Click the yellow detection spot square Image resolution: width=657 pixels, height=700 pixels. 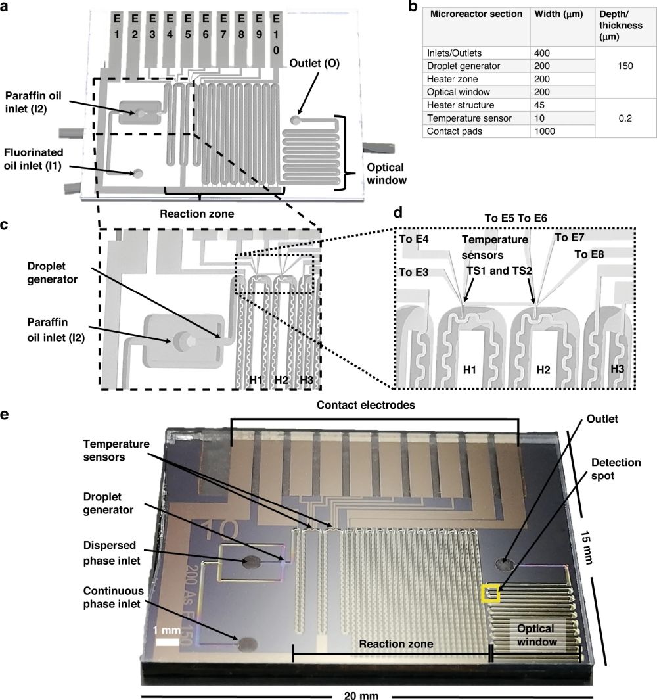click(490, 593)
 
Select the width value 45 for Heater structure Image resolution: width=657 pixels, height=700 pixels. click(543, 105)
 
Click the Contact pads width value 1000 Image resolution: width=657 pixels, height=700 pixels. click(547, 131)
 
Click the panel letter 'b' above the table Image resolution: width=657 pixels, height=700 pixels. click(413, 7)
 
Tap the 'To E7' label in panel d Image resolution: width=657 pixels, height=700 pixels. click(569, 237)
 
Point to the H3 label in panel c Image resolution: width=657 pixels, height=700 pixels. click(306, 380)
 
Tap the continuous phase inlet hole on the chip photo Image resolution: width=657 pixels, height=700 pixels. click(248, 644)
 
